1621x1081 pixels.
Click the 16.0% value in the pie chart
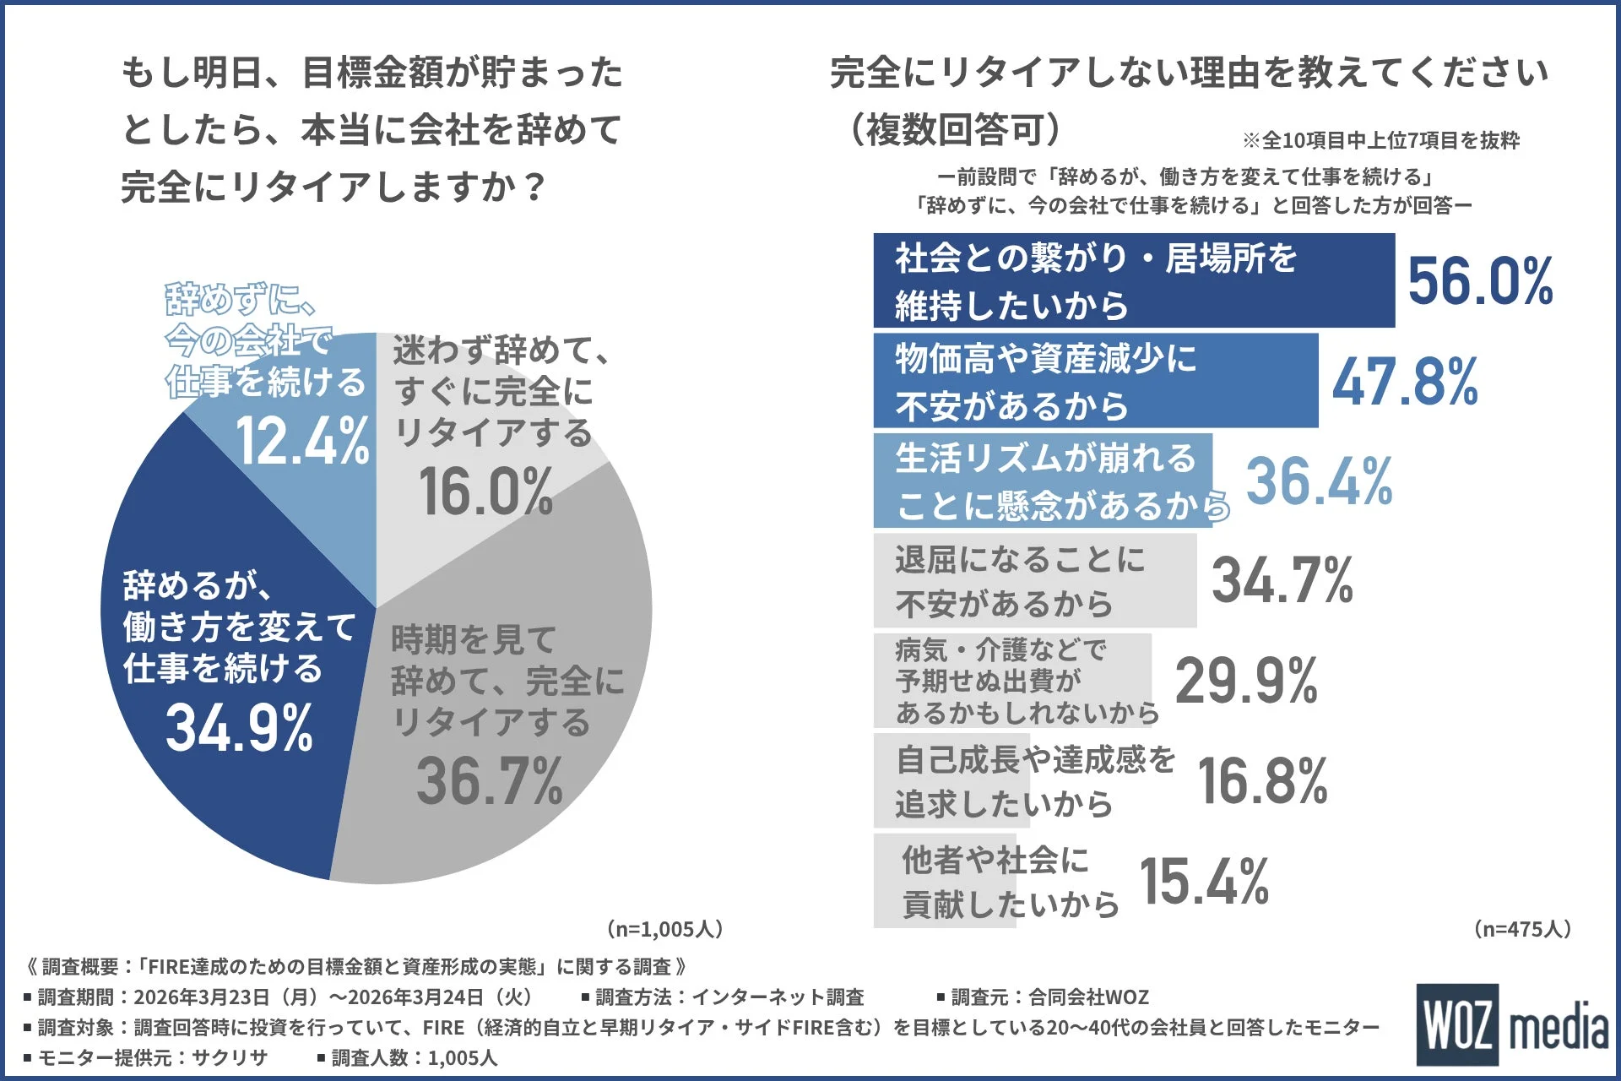pos(485,492)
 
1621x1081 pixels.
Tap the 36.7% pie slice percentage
pos(489,780)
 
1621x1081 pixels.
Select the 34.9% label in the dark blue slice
pos(240,728)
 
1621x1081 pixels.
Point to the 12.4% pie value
pos(302,441)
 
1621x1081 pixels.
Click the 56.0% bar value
pos(1480,281)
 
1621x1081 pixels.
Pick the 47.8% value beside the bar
pos(1405,382)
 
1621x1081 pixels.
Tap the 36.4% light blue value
pos(1319,481)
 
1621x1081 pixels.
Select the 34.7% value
pos(1282,581)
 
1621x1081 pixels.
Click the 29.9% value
pos(1246,681)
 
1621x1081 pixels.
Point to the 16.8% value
pos(1262,781)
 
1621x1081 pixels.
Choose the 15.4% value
pos(1204,882)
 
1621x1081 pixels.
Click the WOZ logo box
pos(1458,1024)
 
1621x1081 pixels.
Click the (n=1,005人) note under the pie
pos(664,929)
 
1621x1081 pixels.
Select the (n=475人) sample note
pos(1522,929)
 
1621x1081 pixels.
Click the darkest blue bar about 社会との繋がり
pos(1133,281)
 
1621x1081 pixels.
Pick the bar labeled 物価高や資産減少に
pos(1095,381)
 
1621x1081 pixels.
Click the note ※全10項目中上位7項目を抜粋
pos(1380,140)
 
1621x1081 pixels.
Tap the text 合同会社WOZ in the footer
pos(1088,997)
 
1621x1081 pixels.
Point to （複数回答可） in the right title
pos(954,129)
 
